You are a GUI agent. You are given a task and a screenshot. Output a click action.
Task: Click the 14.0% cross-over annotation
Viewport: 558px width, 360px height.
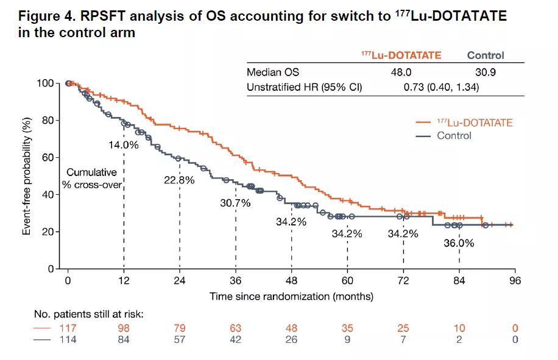tap(124, 146)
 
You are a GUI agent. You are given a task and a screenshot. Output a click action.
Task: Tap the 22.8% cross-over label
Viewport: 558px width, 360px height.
tap(179, 180)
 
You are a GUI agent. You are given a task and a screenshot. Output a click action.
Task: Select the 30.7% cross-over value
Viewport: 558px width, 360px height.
tap(235, 203)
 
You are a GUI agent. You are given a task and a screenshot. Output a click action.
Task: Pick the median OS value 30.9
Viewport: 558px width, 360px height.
tap(486, 72)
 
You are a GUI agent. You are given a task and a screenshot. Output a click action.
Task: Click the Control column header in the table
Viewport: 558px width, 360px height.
tap(486, 55)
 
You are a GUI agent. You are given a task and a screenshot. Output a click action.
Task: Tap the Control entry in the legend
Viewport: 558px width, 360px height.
tap(454, 135)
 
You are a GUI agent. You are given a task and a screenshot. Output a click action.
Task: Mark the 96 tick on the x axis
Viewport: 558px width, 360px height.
tap(515, 281)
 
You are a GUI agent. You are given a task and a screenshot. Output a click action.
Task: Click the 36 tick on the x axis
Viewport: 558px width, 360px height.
tap(235, 281)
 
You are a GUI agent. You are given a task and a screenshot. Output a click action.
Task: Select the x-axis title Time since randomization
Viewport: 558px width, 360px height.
tap(291, 297)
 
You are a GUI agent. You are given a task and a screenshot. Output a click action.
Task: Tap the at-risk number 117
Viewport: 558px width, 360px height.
tap(68, 328)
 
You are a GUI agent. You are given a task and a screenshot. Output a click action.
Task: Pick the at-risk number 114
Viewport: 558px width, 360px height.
tap(68, 340)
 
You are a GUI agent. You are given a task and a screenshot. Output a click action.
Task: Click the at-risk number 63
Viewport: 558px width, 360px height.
tap(235, 328)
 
